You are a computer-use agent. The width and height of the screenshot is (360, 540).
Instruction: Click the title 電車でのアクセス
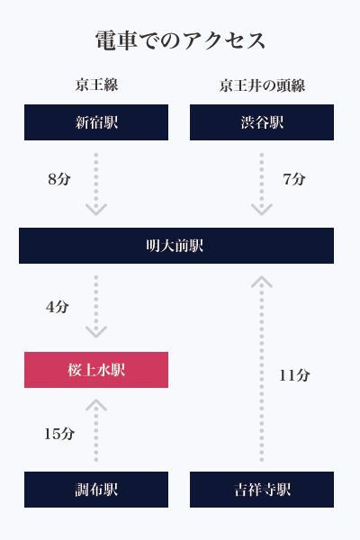(180, 40)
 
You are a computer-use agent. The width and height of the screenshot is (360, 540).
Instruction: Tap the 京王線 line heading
(96, 85)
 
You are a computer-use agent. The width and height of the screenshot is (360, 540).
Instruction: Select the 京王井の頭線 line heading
(262, 85)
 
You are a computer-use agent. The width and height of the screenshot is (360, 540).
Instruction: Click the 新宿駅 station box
(96, 122)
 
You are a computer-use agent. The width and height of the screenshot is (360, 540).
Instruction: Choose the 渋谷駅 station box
(262, 122)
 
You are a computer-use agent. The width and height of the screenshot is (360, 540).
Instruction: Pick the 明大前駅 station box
(176, 246)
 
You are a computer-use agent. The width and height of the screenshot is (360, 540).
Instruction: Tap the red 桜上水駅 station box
(96, 370)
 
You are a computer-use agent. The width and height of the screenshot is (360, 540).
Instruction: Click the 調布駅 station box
(96, 490)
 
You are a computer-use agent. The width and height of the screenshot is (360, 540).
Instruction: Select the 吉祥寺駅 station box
(262, 490)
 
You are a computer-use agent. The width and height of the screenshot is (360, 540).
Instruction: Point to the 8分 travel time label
(59, 179)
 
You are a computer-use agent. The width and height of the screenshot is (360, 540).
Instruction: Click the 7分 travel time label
(294, 179)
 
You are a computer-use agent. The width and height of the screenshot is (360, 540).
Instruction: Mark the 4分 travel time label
(58, 307)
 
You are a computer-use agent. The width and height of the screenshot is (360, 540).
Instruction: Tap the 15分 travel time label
(59, 434)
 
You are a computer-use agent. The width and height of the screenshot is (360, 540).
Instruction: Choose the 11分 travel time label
(294, 375)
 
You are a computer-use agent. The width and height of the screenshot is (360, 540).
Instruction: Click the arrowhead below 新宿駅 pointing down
(96, 210)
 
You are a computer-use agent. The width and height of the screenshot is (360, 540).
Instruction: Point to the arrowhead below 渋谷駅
(262, 210)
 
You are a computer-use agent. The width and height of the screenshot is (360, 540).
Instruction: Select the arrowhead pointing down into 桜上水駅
(96, 331)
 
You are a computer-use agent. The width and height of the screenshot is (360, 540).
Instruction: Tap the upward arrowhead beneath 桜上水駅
(96, 405)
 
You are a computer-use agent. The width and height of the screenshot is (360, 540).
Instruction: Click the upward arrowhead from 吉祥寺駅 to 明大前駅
(262, 282)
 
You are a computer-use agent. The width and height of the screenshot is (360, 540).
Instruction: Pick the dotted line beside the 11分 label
(262, 372)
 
